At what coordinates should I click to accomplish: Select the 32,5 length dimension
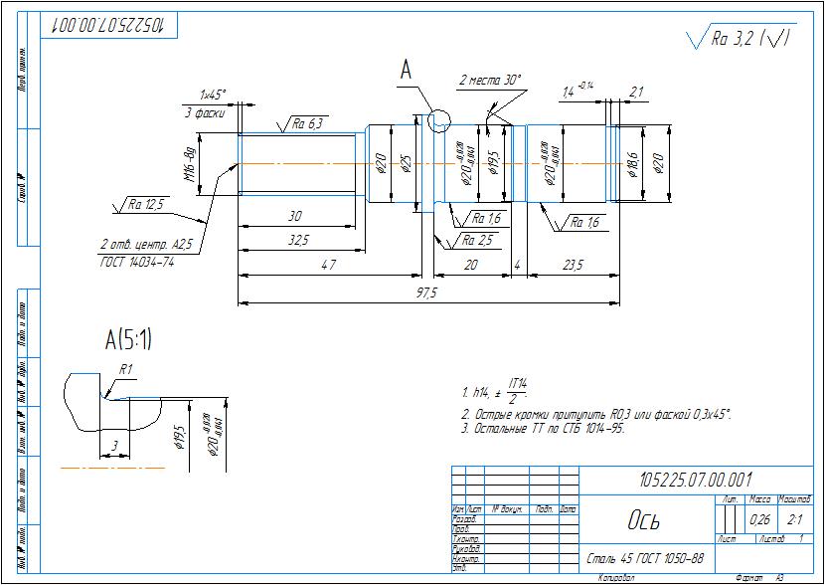[x=297, y=240]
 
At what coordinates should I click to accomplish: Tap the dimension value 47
[x=329, y=266]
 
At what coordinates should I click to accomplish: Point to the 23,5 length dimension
[x=573, y=266]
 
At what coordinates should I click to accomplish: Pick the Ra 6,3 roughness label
[x=309, y=124]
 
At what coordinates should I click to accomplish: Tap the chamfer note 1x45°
[x=212, y=96]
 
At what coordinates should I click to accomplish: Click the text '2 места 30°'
[x=489, y=80]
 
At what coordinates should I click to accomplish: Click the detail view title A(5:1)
[x=128, y=340]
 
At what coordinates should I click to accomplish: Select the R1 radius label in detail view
[x=126, y=369]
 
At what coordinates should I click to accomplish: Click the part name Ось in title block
[x=642, y=520]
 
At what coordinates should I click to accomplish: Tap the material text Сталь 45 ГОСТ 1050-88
[x=645, y=557]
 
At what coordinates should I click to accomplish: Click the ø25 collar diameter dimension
[x=406, y=164]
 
